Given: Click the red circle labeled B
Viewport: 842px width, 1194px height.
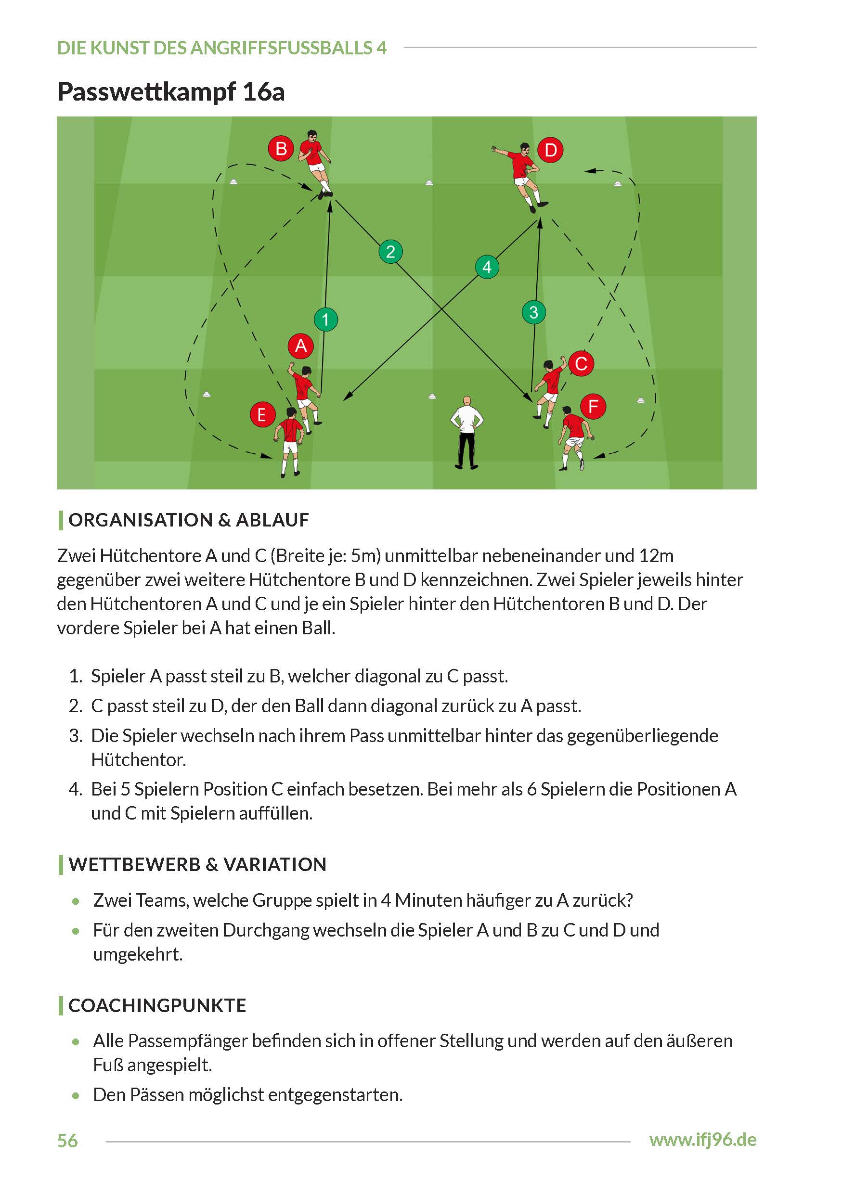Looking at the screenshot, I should [281, 149].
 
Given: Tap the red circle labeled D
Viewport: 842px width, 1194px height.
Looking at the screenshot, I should [550, 150].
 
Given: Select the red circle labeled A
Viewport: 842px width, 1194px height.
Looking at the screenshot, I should [300, 346].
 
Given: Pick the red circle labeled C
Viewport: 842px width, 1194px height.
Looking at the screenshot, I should [581, 363].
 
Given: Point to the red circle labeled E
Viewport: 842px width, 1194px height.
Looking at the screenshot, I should [262, 414].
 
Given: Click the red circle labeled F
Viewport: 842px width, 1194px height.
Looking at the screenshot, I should [593, 406].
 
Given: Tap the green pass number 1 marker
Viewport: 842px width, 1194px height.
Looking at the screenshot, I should [325, 319].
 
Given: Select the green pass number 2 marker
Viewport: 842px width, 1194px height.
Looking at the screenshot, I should [390, 252].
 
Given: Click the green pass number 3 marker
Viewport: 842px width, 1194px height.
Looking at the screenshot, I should [533, 312].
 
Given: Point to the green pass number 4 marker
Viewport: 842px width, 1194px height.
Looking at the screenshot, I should [487, 267].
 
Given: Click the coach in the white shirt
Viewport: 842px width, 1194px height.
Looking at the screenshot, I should [466, 433].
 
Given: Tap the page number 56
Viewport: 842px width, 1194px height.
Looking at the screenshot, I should [67, 1141].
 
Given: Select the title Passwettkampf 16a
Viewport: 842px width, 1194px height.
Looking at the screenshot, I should [171, 92].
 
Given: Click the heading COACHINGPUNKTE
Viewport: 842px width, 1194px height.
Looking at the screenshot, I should [157, 1006].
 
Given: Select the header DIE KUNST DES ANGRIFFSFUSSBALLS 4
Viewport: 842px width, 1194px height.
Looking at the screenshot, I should [222, 48].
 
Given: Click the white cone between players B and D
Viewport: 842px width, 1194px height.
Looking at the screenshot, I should [429, 182].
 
